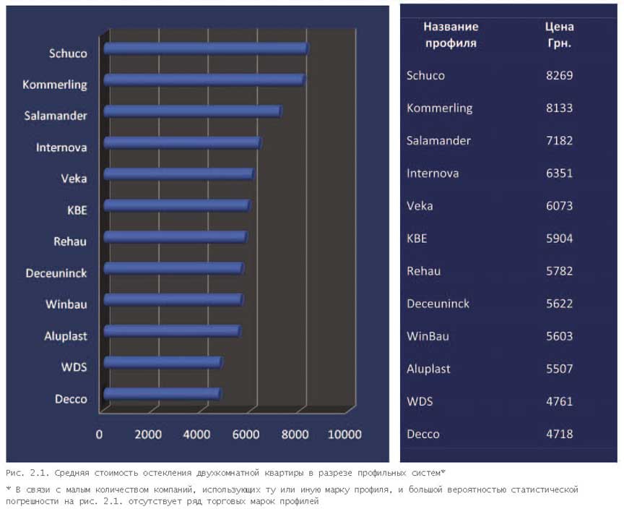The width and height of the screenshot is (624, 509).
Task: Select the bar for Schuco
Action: (x=206, y=48)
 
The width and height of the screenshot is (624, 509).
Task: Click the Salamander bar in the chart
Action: (x=193, y=111)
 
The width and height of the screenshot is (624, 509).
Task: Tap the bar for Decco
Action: (x=162, y=393)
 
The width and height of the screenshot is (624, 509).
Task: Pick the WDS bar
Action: (x=163, y=362)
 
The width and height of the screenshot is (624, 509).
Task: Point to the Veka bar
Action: (x=178, y=174)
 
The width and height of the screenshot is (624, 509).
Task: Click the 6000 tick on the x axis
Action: (x=246, y=434)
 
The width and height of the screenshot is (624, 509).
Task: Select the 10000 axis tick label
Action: (x=344, y=434)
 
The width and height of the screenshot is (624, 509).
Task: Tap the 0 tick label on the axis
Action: (x=99, y=434)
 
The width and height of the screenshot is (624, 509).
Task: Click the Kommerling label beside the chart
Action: (x=54, y=85)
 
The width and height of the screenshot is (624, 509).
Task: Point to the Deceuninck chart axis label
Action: (x=56, y=273)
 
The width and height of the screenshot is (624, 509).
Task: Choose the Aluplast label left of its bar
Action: (x=66, y=336)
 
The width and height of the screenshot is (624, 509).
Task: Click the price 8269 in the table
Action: (x=559, y=75)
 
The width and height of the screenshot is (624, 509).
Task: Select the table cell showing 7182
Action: (x=559, y=140)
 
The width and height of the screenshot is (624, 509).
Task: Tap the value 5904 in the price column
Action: (x=559, y=239)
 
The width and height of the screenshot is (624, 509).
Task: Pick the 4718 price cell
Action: (x=559, y=434)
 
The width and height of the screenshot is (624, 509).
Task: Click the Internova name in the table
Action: (x=433, y=174)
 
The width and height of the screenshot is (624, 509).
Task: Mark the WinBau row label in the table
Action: (x=428, y=336)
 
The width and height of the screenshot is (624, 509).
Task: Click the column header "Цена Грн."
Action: (x=559, y=35)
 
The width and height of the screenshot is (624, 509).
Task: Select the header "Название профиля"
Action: (x=451, y=35)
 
